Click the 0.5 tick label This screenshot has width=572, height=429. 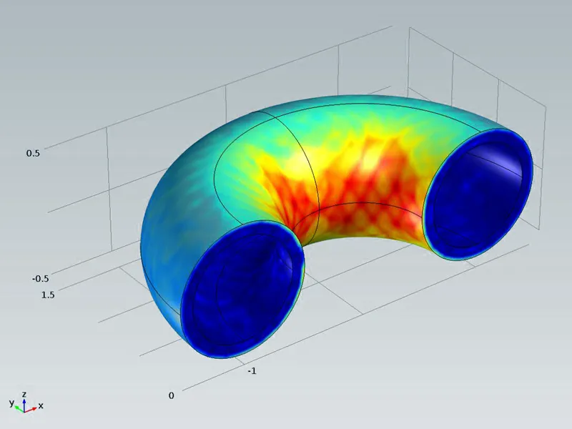coord(33,153)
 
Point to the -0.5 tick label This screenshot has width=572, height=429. coord(40,279)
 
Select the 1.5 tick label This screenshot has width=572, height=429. coord(48,295)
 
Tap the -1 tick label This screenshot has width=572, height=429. coord(252,371)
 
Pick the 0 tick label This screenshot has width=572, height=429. coord(172,396)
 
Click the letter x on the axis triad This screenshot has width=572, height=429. coord(41,405)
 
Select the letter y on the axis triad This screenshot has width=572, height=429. coord(11,403)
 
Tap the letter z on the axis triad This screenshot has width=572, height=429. coord(24,395)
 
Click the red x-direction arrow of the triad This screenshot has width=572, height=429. coord(30,410)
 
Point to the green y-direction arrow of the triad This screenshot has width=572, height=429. coord(20,409)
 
